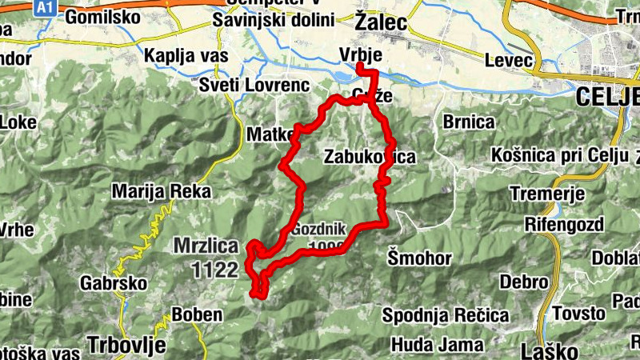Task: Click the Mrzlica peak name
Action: [206, 247]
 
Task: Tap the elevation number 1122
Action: [215, 270]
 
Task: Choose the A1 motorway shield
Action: [45, 6]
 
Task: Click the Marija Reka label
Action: [162, 192]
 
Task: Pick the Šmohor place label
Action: [419, 258]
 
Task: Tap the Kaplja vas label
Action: [186, 56]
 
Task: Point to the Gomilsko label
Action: [99, 18]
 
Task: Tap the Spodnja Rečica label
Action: [445, 315]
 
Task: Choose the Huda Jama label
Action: [437, 345]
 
